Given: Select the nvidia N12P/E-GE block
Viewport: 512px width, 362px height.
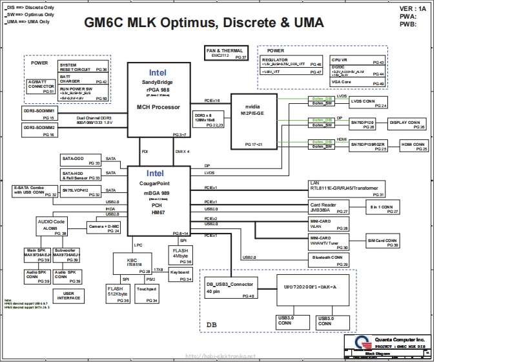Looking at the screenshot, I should [252, 120].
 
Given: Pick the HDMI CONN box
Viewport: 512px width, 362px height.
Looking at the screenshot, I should [414, 146].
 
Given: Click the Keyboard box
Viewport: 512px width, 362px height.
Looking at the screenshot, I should [180, 276].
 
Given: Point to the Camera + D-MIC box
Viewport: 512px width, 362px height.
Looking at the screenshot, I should [104, 228].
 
